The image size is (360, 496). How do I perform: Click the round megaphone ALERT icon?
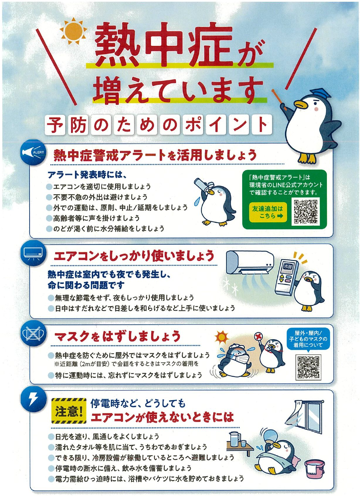(x=33, y=153)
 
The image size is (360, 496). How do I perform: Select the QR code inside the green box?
(x=305, y=211)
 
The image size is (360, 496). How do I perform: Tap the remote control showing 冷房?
(x=286, y=276)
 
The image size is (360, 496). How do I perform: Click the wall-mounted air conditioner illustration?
(x=249, y=262)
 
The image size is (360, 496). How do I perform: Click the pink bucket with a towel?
(x=315, y=466)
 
